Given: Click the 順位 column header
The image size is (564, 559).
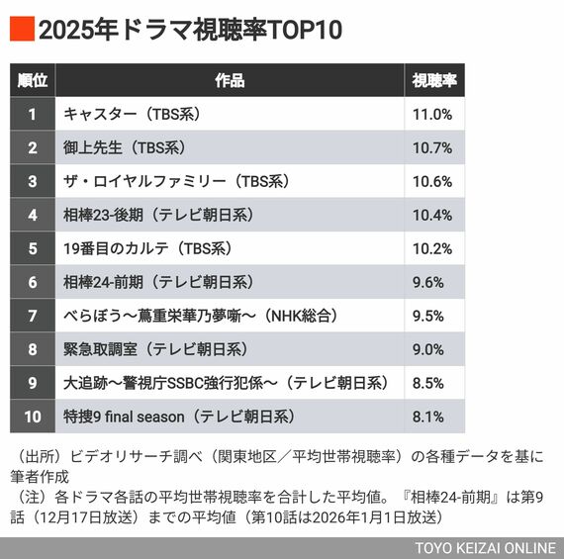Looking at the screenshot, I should tap(33, 80).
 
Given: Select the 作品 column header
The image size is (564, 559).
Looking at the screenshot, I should tap(230, 80).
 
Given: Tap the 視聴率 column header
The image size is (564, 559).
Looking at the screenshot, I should tap(432, 80).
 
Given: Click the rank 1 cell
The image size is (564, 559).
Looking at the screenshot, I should tap(33, 114).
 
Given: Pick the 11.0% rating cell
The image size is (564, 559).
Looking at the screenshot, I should tap(432, 114).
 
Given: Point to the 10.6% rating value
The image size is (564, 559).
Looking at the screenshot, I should tap(432, 181).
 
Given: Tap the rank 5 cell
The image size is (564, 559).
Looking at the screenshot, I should tap(33, 248).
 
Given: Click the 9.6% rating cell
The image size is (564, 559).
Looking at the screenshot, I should tap(432, 282).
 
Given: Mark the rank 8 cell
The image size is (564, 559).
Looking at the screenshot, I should tap(33, 349).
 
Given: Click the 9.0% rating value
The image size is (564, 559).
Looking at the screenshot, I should tap(432, 349).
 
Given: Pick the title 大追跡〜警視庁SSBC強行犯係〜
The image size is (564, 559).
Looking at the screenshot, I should tap(228, 383).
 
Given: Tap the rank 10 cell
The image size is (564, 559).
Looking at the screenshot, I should tap(33, 417).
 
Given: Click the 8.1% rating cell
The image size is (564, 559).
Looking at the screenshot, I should tap(432, 417).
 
